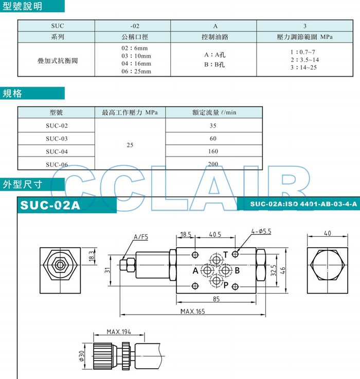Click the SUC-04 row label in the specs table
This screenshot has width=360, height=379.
pyautogui.click(x=57, y=151)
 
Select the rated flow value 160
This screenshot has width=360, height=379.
pyautogui.click(x=213, y=151)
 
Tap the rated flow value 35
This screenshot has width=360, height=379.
pyautogui.click(x=213, y=126)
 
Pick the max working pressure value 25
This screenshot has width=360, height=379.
pyautogui.click(x=130, y=145)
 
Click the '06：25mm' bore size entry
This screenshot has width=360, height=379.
pyautogui.click(x=136, y=71)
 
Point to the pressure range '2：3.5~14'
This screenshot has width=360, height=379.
pyautogui.click(x=304, y=60)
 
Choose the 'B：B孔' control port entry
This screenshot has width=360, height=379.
pyautogui.click(x=214, y=64)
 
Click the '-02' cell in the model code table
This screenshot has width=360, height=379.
pyautogui.click(x=135, y=26)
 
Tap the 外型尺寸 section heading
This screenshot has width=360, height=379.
pyautogui.click(x=23, y=184)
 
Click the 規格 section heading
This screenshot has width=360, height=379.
pyautogui.click(x=12, y=93)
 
